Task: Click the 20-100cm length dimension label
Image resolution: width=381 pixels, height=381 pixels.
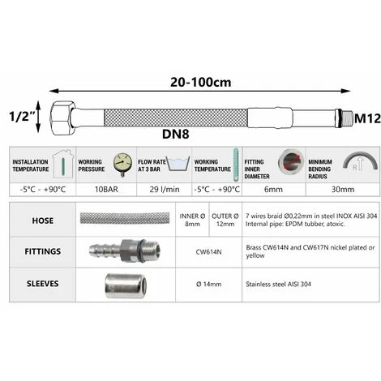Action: tap(200, 82)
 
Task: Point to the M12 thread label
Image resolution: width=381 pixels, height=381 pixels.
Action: tap(367, 118)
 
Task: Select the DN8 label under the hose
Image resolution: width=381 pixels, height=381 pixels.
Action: tap(175, 134)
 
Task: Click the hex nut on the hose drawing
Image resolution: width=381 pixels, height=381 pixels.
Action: tap(62, 118)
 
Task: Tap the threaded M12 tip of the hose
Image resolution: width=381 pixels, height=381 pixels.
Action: tap(346, 118)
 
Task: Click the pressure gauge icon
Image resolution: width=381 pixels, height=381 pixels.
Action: tap(122, 164)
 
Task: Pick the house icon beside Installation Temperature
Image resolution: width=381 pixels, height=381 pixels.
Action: tap(63, 165)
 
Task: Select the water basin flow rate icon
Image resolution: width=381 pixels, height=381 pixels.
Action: tap(178, 164)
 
